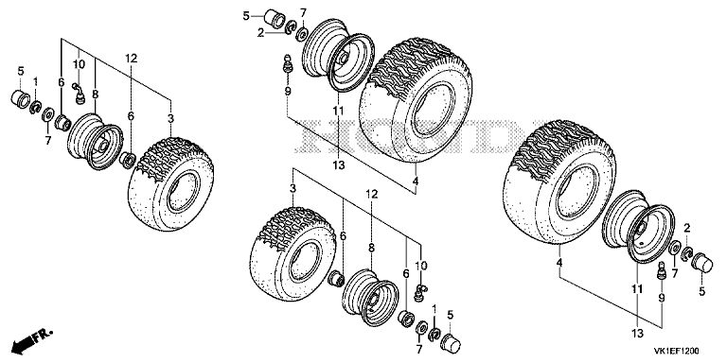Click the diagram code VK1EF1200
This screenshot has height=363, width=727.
pos(678,351)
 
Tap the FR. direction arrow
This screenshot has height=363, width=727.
pos(32,339)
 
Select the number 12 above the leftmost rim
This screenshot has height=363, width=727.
pos(132,59)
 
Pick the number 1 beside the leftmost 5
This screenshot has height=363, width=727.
pos(35,82)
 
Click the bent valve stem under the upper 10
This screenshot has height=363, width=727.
pos(80,93)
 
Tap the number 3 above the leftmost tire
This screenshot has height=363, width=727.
pos(170,118)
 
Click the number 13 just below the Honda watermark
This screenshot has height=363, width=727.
pos(339,164)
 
